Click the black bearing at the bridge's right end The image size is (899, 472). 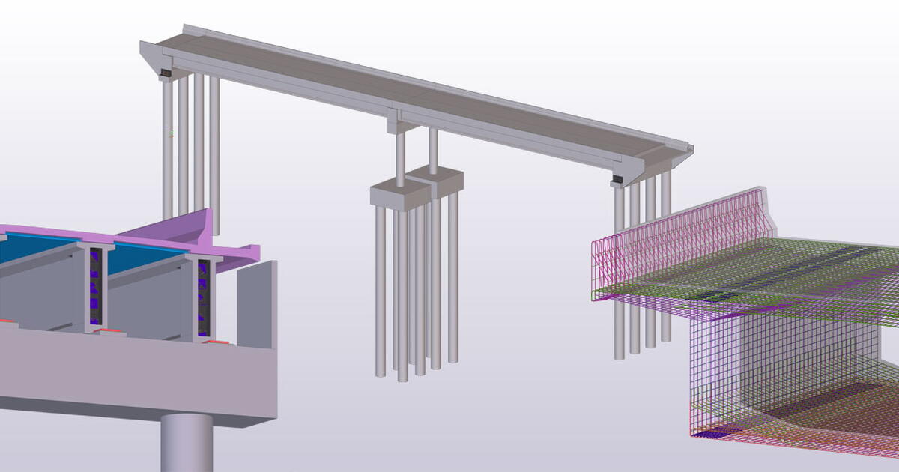[617, 180]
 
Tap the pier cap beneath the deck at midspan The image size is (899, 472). [396, 121]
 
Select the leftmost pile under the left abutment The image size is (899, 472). [167, 150]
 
